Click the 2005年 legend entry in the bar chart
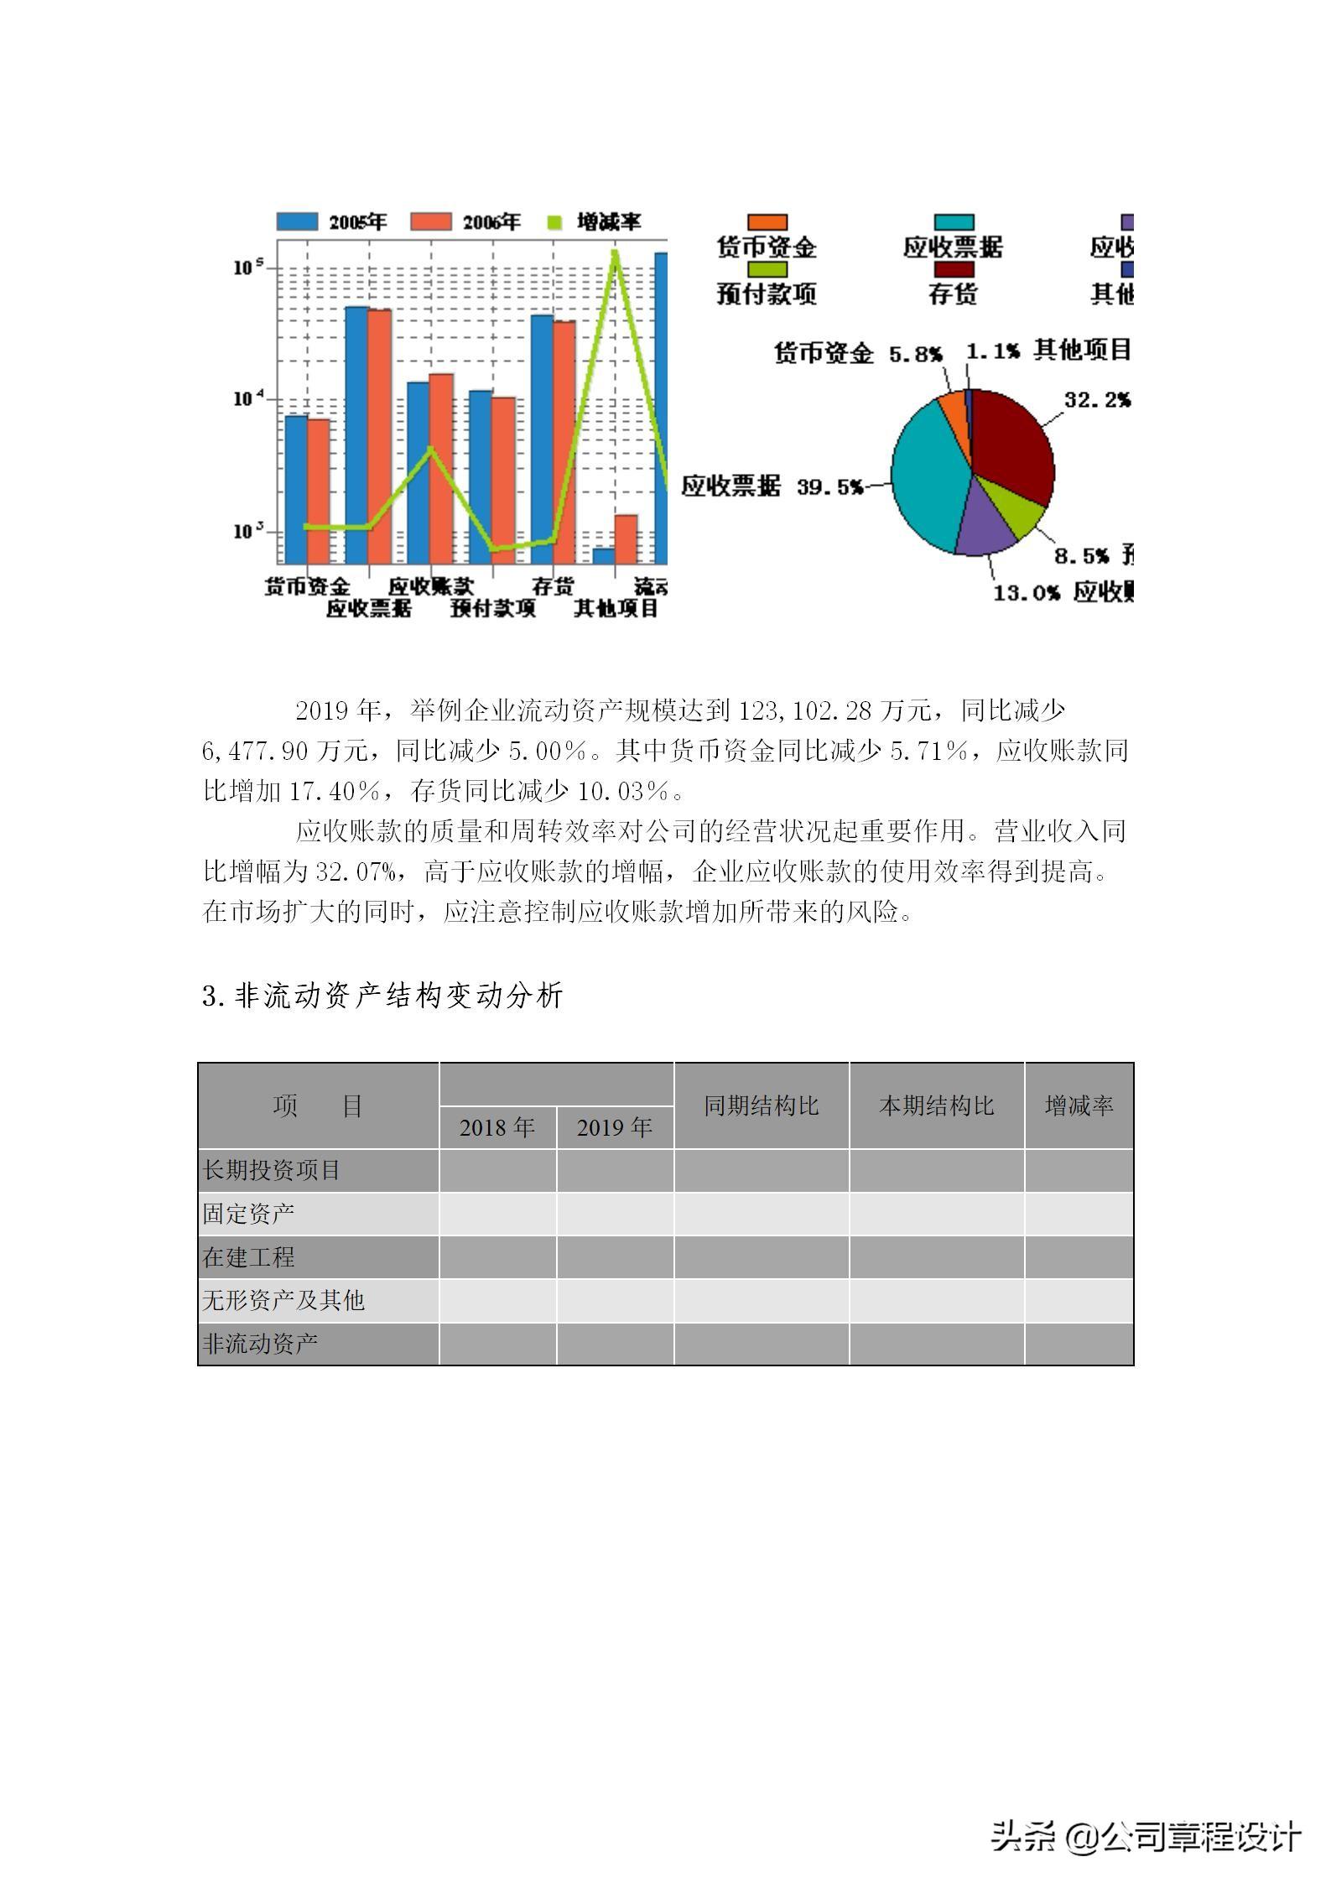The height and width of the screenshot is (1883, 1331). click(x=331, y=221)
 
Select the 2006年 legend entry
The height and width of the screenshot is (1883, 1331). click(x=465, y=221)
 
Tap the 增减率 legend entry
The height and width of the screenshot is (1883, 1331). click(x=595, y=221)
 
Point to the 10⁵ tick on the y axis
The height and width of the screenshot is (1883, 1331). click(x=248, y=267)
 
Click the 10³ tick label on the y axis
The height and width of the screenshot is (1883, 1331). click(x=248, y=531)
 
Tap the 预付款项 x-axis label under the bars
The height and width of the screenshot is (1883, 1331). click(x=492, y=608)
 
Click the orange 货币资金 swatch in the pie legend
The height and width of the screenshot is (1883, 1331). click(x=767, y=222)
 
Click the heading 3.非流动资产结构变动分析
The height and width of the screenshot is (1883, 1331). click(x=382, y=996)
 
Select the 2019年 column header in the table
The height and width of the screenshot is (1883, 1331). click(x=615, y=1127)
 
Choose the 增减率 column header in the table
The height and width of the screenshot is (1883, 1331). click(x=1079, y=1105)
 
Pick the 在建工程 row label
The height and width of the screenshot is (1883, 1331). click(x=249, y=1256)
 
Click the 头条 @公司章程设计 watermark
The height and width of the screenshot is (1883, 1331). click(x=1146, y=1836)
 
